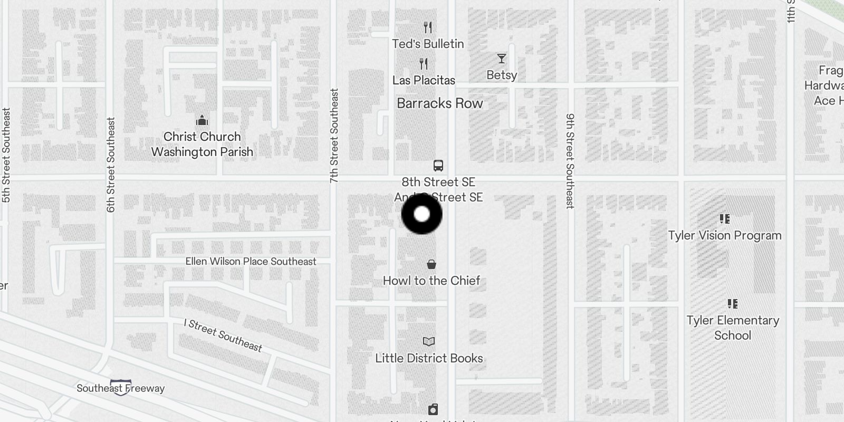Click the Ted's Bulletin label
[428, 44]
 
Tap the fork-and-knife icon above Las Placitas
[424, 64]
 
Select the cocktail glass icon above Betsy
[501, 58]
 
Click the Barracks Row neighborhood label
[439, 103]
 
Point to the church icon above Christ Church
[202, 121]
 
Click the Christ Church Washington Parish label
[202, 144]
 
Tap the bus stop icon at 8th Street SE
[438, 166]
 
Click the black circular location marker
[421, 214]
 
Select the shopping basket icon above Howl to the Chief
[431, 264]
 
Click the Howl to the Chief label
[431, 281]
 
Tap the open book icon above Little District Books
[429, 342]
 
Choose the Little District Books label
[429, 358]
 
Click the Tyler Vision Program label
[725, 235]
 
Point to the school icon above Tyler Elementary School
[732, 304]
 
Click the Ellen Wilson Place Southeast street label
[251, 262]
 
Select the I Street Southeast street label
[223, 335]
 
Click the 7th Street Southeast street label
[334, 136]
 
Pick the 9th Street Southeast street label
[570, 161]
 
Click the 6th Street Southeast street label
[111, 165]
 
